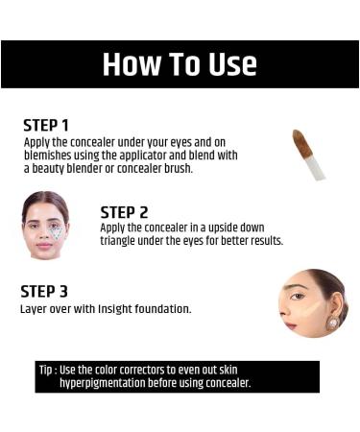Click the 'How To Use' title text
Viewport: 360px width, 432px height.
180,64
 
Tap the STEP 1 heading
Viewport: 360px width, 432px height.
46,125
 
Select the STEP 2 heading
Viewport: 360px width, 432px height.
124,211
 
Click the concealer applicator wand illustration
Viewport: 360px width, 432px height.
308,154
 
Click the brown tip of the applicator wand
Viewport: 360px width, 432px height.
300,141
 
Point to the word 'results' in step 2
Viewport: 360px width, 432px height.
263,240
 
